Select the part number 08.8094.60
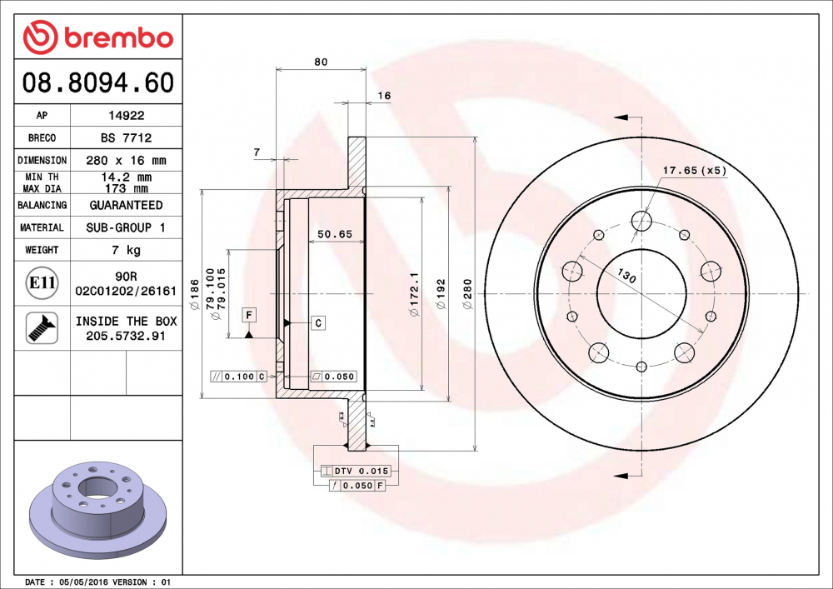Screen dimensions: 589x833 [98, 83]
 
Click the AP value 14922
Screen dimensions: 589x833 [126, 116]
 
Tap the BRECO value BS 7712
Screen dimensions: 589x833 [126, 137]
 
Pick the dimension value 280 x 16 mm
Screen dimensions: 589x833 [126, 160]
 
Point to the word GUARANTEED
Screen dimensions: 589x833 [126, 205]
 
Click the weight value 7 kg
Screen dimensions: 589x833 [126, 250]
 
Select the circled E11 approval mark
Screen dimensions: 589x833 [42, 283]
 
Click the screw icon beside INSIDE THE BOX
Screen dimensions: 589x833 [42, 327]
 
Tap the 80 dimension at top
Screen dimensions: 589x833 [321, 62]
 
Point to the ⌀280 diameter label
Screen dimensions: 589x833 [468, 294]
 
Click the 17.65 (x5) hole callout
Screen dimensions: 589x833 [694, 171]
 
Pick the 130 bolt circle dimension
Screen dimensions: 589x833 [627, 276]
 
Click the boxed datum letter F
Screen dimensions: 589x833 [248, 314]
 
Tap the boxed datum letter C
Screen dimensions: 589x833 [318, 322]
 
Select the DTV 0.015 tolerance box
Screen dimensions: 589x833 [361, 472]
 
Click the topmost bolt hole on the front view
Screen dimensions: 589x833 [641, 221]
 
